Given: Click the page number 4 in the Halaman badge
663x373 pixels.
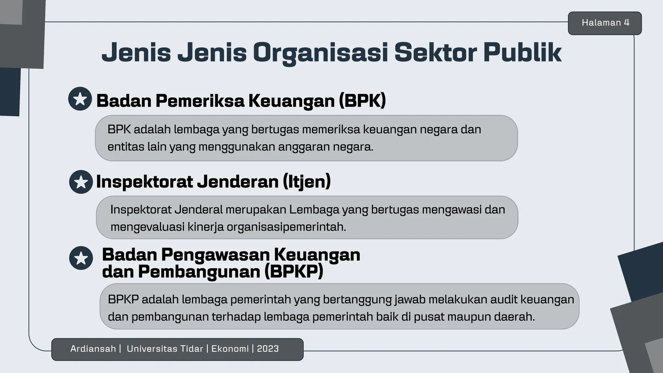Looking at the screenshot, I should tap(627, 23).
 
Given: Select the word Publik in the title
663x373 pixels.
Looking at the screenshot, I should tap(522, 53).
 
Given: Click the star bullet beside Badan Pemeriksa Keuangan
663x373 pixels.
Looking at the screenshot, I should tap(80, 99).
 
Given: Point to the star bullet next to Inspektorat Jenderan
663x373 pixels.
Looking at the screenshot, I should tap(81, 182).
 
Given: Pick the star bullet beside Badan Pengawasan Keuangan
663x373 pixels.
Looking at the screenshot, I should tap(81, 258).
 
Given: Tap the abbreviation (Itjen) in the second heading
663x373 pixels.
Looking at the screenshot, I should tap(307, 181).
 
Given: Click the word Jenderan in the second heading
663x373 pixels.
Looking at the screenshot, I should tap(238, 181).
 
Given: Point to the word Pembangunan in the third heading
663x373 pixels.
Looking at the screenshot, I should tap(199, 271).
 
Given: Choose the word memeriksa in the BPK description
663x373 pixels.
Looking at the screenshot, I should tap(331, 130).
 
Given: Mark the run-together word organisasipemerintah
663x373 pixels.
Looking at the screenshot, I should tap(286, 227).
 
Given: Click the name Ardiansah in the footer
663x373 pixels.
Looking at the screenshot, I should tap(93, 349).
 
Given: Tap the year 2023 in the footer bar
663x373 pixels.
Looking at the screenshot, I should tap(268, 349).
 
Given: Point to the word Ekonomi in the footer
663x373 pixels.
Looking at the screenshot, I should tap(230, 349).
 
